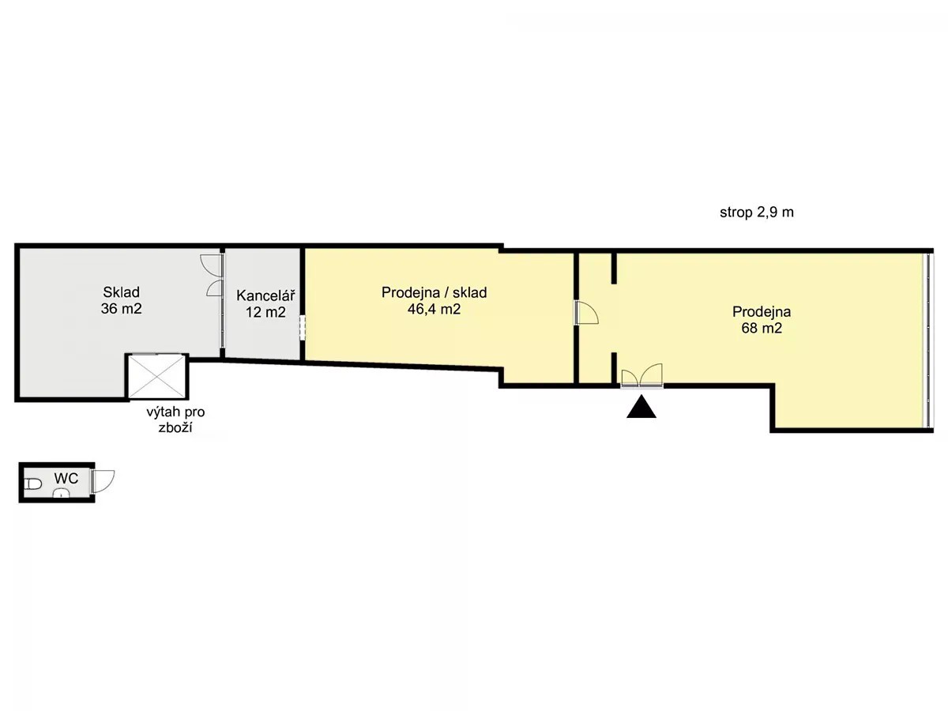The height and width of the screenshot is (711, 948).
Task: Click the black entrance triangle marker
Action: click(x=641, y=407)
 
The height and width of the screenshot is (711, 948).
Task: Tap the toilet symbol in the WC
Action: click(x=33, y=484)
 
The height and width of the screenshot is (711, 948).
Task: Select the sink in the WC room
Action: click(x=62, y=493)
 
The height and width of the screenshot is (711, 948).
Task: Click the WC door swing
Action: click(x=103, y=481)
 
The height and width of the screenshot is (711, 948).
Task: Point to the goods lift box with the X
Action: click(x=156, y=376)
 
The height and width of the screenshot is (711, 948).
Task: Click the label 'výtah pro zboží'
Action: click(x=176, y=419)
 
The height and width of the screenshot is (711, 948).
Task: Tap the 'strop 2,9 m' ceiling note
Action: click(x=757, y=213)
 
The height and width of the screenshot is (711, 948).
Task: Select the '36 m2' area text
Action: click(x=122, y=309)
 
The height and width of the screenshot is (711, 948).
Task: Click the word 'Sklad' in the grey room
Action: click(x=122, y=292)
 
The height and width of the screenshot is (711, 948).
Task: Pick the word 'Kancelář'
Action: click(x=265, y=295)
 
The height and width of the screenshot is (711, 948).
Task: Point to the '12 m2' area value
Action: click(x=265, y=312)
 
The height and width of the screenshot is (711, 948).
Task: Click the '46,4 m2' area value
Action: click(x=434, y=309)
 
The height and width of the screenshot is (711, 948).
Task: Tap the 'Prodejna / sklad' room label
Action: click(x=434, y=292)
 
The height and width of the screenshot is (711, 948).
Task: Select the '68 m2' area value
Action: click(x=762, y=328)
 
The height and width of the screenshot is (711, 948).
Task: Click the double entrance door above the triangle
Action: click(x=641, y=375)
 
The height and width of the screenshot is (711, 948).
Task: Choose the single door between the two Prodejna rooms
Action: click(x=586, y=313)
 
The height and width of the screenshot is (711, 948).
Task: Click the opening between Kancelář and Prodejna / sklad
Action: click(x=303, y=325)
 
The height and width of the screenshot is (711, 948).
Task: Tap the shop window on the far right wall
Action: click(x=927, y=340)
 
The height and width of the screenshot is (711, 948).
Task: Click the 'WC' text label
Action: click(x=66, y=478)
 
